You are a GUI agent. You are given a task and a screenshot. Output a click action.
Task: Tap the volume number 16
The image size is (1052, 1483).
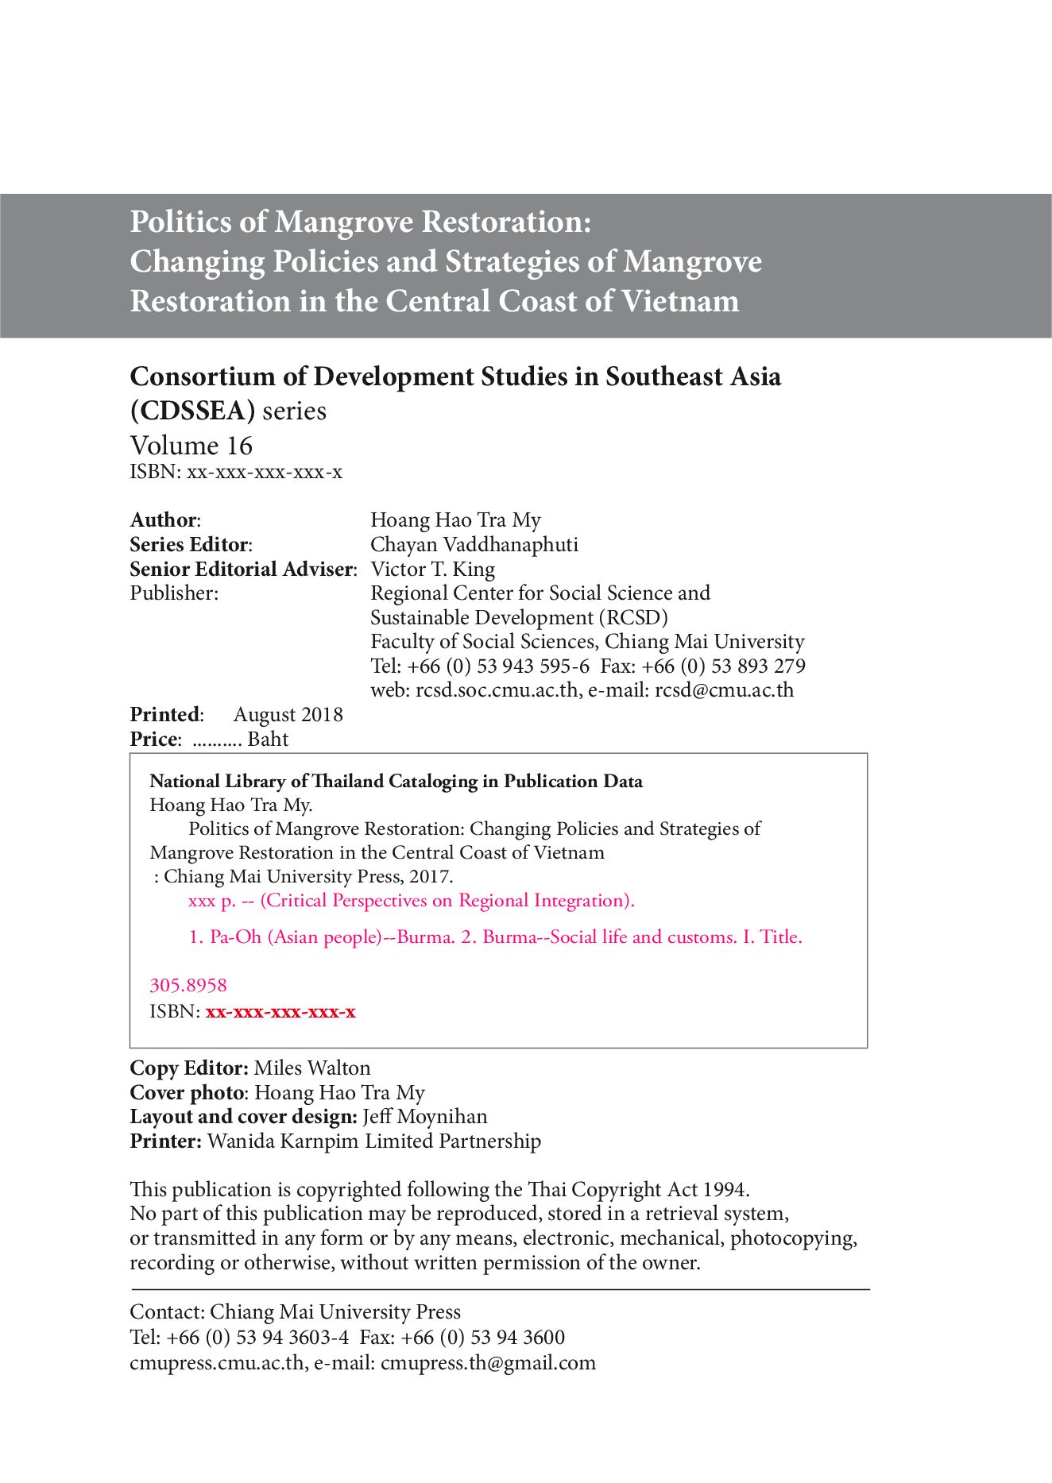tap(239, 446)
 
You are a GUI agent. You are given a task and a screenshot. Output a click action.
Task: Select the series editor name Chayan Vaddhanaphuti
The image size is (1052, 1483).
tap(474, 545)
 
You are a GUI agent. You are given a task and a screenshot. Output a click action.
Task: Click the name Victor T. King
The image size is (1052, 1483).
tap(433, 570)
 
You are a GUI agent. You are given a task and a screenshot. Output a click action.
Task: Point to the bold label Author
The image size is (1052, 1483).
tap(163, 520)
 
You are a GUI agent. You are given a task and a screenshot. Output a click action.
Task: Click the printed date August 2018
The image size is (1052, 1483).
tap(288, 715)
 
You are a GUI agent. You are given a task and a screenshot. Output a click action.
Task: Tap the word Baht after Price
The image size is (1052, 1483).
tap(268, 740)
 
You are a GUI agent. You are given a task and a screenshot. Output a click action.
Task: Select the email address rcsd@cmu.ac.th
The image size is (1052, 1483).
tap(724, 690)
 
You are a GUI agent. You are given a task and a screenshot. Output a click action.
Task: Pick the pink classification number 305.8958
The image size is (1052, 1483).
tap(188, 986)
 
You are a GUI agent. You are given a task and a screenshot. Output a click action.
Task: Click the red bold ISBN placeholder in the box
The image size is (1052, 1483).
tap(280, 1012)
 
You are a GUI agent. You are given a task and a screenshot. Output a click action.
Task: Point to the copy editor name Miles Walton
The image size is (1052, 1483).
tap(312, 1068)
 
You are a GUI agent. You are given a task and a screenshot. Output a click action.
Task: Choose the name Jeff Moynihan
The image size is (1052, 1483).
tap(425, 1117)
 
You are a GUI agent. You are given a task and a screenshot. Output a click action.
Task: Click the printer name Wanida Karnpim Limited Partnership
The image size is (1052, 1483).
tap(373, 1141)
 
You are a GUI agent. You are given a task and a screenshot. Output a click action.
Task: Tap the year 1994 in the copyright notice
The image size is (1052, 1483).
tap(724, 1190)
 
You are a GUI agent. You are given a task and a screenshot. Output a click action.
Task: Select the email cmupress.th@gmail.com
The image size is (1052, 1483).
tap(488, 1363)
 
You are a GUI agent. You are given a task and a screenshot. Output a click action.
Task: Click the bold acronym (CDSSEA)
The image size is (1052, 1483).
tap(192, 411)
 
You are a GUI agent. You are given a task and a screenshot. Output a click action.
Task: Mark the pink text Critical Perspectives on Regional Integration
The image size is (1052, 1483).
tap(446, 901)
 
